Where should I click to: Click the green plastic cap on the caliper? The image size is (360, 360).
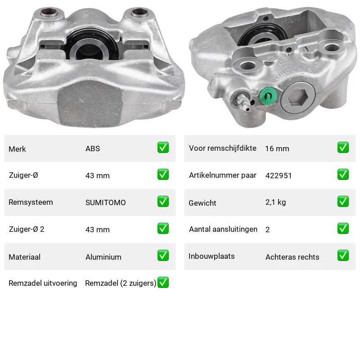[x=268, y=96]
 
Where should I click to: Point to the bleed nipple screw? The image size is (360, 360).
[x=243, y=102]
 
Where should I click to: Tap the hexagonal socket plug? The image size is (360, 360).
[x=297, y=98]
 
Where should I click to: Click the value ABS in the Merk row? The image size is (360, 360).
[x=93, y=148]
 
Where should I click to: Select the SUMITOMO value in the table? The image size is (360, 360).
[x=106, y=202]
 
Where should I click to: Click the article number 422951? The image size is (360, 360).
[x=279, y=175]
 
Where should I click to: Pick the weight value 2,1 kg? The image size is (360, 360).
[x=275, y=202]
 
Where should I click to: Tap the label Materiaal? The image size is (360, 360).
[x=25, y=257]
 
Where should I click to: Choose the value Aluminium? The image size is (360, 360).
[x=103, y=257]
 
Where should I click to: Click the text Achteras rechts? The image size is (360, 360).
[x=292, y=257]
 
